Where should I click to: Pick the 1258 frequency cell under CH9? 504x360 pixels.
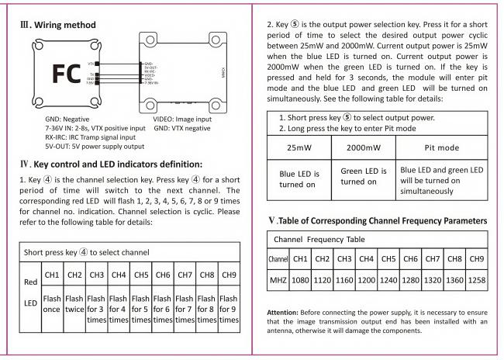click(477, 279)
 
